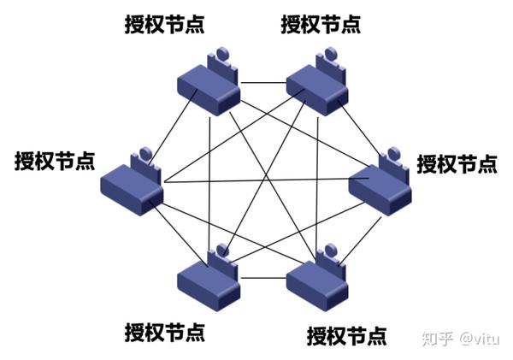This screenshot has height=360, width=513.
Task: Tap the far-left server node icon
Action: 133,184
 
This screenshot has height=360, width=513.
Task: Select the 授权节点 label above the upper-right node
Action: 321,23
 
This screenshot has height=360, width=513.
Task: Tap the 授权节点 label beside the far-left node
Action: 54,160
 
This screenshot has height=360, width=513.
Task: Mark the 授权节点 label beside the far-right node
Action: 456,162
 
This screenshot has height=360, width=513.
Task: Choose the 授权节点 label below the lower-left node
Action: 164,330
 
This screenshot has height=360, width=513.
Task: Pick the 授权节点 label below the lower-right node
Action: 345,333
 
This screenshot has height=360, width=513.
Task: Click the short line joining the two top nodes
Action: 264,83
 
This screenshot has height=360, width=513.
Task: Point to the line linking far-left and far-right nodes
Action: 256,181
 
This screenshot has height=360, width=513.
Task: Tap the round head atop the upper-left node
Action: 222,56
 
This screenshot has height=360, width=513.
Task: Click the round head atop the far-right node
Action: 392,155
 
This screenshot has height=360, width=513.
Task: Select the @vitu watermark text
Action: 479,338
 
